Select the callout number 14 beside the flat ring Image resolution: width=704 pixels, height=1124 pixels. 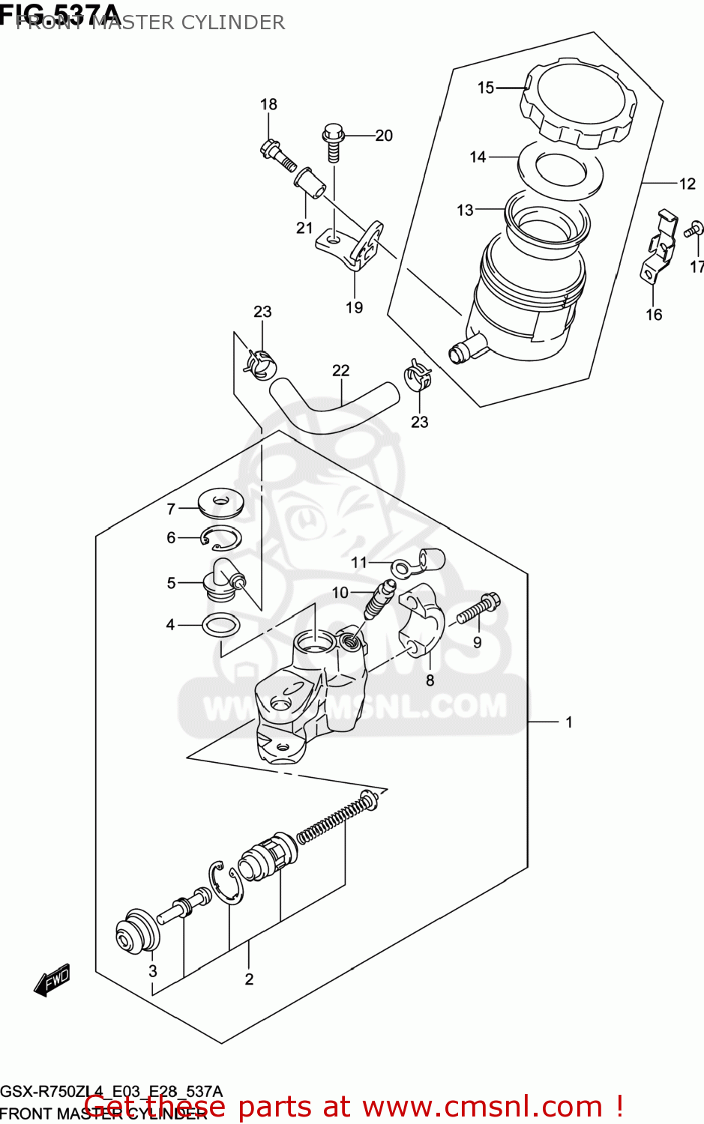(x=478, y=157)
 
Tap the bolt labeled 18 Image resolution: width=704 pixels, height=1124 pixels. (x=277, y=155)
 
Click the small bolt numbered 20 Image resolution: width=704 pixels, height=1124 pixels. (x=332, y=143)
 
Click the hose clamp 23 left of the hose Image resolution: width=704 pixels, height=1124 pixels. (x=259, y=363)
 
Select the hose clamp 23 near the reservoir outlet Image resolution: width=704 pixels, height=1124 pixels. (x=418, y=375)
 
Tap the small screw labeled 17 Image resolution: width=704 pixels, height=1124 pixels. (x=694, y=229)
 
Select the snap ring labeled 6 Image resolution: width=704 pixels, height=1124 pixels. (x=222, y=537)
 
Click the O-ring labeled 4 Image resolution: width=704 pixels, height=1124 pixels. (x=220, y=624)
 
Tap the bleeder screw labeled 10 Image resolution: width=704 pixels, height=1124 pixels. (x=378, y=597)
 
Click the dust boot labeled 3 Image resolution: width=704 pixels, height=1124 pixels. (x=137, y=931)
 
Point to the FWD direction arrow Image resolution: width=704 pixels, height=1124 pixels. (x=52, y=980)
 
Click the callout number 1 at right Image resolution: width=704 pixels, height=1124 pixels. (x=569, y=722)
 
